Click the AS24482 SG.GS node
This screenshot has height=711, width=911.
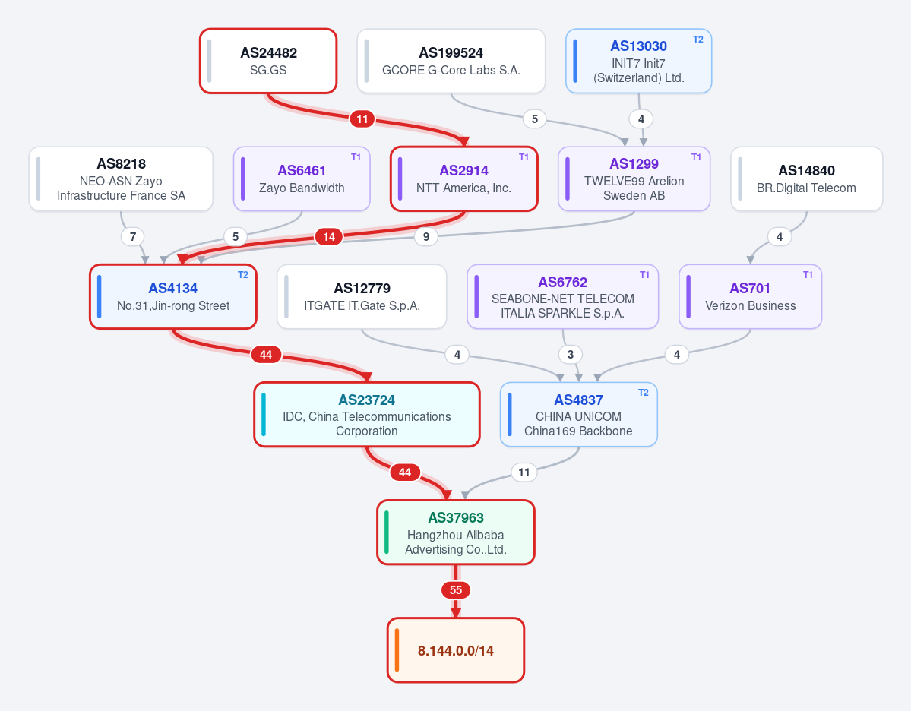coord(268,61)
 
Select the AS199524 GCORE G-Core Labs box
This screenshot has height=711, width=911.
coord(451,61)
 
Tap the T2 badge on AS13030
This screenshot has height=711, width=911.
coord(697,39)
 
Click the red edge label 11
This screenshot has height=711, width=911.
coord(362,119)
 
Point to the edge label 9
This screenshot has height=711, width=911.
coord(426,237)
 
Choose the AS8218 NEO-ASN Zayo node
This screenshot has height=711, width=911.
coord(121,179)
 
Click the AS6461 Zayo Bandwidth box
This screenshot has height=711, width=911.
coord(302,179)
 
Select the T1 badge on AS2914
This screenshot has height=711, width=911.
coord(524,157)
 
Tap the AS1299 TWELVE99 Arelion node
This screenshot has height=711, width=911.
coord(634,179)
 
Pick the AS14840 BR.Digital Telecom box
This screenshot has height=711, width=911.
coord(806,179)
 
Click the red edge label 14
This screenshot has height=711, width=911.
coord(329,237)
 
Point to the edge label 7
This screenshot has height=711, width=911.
coord(133,237)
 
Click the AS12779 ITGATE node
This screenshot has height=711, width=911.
coord(362,297)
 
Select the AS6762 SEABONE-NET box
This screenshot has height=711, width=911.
coord(562,297)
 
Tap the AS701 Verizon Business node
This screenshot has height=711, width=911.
coord(750,297)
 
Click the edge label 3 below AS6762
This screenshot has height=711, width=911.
coord(571,354)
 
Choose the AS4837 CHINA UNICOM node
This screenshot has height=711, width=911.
coord(579,415)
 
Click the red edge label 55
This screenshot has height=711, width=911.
coord(456,590)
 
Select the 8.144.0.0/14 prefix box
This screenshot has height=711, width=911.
coord(456,650)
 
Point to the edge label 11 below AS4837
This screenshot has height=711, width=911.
coord(524,472)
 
